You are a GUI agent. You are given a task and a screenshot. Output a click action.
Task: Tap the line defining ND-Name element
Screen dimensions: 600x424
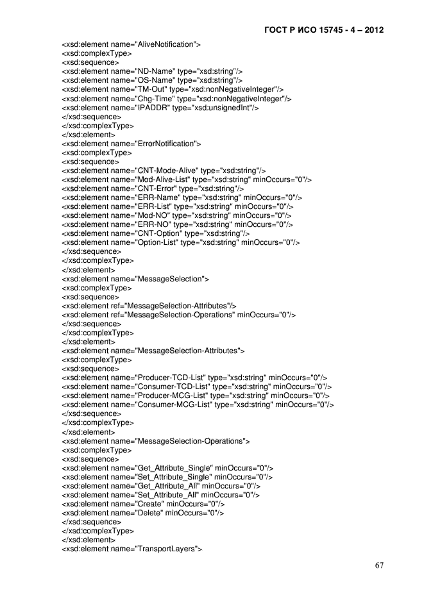pos(152,71)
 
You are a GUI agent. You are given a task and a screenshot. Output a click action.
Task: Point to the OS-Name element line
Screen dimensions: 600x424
pos(152,80)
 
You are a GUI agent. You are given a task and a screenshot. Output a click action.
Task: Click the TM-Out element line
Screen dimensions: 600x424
pos(173,89)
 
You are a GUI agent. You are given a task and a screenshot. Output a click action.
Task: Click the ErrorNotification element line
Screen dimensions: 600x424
pos(131,144)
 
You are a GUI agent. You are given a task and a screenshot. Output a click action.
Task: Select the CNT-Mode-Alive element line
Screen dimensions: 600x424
pos(164,171)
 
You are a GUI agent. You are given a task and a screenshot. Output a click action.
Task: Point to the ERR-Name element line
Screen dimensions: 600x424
pos(182,197)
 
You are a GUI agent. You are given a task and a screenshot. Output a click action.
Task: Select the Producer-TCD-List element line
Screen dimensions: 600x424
pos(194,378)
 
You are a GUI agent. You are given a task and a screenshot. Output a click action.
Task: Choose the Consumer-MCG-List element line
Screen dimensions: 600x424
pos(198,404)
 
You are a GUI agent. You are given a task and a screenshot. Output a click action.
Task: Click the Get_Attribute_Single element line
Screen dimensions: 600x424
pos(167,468)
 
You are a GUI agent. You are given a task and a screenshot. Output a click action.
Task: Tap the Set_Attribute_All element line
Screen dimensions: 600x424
pos(160,495)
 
